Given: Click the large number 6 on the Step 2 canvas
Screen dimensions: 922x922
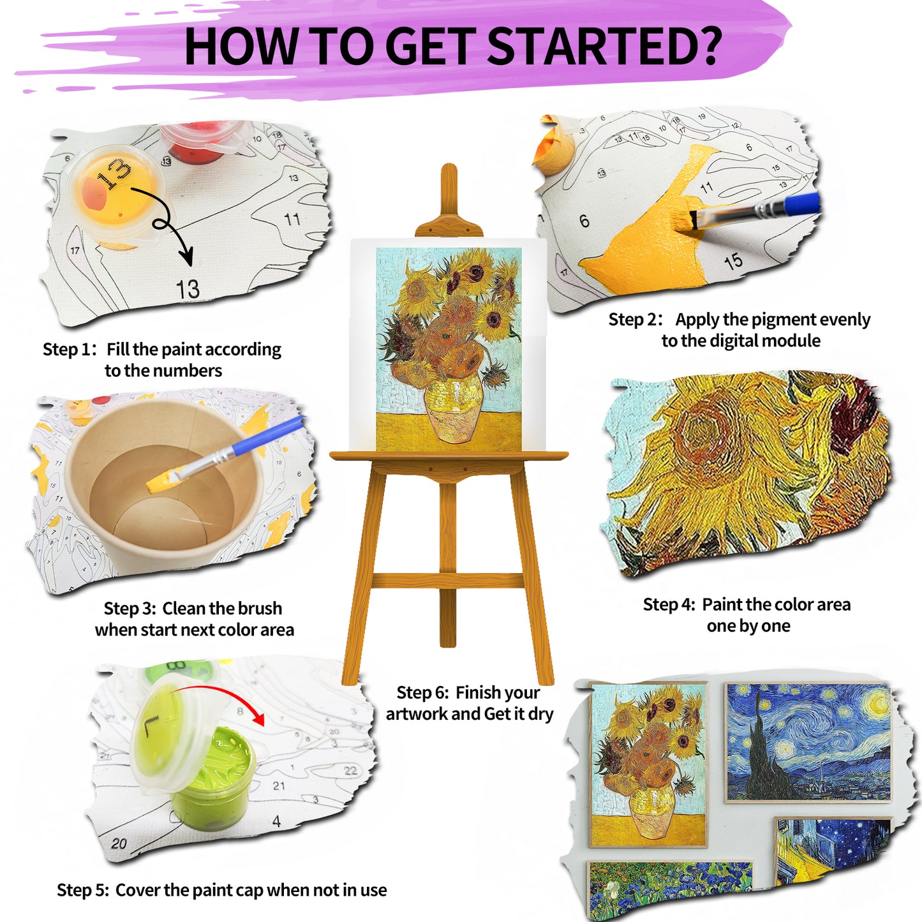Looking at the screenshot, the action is [x=584, y=221].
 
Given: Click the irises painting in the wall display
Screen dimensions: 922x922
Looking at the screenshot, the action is [x=670, y=891].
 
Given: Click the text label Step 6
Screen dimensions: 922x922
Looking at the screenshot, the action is [x=422, y=692].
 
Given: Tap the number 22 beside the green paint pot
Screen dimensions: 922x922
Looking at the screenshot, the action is [x=350, y=771].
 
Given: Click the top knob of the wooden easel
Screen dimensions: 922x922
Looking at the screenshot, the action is [x=449, y=173].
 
